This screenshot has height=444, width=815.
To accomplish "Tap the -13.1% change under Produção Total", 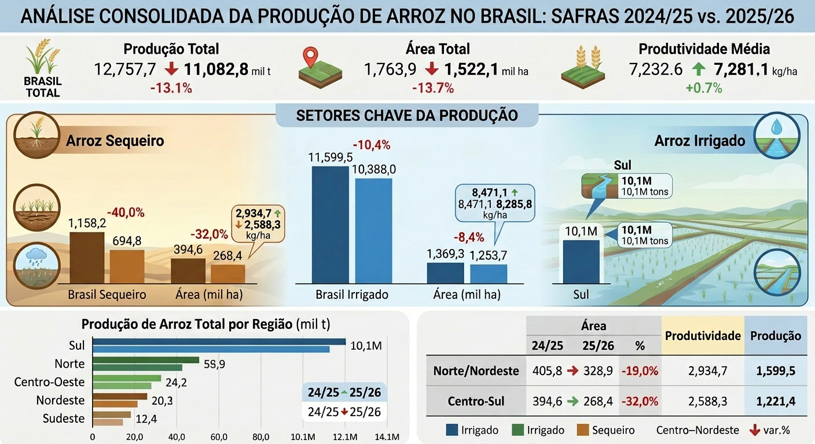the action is [x=171, y=88].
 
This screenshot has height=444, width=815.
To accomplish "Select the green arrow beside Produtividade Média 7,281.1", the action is [x=698, y=69].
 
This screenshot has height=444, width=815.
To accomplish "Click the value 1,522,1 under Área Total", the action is [x=472, y=69].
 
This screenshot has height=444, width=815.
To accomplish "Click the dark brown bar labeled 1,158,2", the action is [x=87, y=258].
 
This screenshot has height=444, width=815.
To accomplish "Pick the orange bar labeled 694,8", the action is [x=127, y=267].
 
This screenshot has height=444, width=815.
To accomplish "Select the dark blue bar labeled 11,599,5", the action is [x=330, y=224].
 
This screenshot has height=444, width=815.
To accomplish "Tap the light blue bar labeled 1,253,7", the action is [x=489, y=274].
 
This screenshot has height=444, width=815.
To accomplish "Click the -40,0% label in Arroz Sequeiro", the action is [x=126, y=213].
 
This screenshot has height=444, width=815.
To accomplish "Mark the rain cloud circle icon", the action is [x=36, y=265].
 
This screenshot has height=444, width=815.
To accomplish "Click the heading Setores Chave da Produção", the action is [x=407, y=116].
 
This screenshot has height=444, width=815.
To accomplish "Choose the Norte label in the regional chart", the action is [x=69, y=364].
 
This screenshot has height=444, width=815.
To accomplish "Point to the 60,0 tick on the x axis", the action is [x=219, y=437].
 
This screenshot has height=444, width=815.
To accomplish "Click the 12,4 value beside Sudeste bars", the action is [x=146, y=419].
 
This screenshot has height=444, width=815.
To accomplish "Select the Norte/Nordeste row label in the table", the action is [x=476, y=371].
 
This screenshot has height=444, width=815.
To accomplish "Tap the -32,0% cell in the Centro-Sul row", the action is [x=640, y=401].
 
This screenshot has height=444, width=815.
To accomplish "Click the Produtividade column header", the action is [x=703, y=336].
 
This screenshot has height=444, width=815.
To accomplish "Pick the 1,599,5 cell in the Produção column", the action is [x=776, y=371].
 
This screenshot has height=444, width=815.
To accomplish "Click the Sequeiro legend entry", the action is [x=606, y=430].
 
